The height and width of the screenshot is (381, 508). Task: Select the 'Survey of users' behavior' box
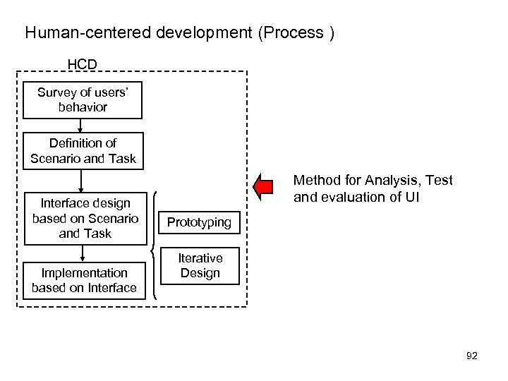[x=83, y=99]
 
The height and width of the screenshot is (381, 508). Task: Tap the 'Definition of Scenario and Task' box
[x=83, y=150]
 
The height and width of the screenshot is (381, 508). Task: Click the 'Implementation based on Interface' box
[x=84, y=280]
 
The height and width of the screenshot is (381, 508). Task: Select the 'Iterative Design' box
[x=200, y=266]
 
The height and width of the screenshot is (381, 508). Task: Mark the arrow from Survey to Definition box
[x=82, y=126]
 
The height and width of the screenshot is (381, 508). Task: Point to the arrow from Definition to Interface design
[x=82, y=181]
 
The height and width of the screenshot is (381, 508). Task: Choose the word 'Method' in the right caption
[x=315, y=181]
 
